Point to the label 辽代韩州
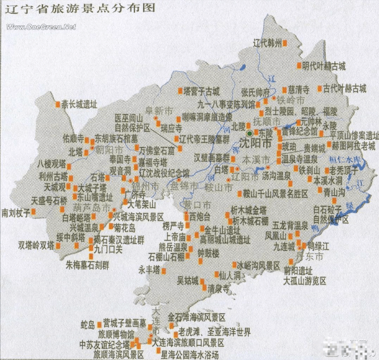pos(267,43)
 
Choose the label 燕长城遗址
pos(79,105)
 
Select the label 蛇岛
pos(88,324)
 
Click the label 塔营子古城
pos(201,91)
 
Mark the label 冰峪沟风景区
pos(258,265)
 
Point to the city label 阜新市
pos(159,110)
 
